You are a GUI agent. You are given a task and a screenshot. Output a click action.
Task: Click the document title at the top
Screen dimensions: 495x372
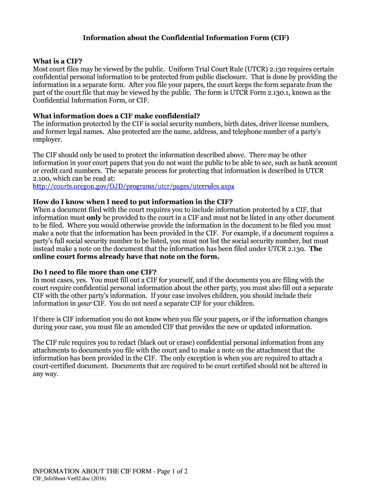click(186, 37)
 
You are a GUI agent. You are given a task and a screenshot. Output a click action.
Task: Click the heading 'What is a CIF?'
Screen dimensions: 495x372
click(57, 61)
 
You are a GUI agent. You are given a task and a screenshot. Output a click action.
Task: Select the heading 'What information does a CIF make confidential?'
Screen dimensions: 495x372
click(116, 116)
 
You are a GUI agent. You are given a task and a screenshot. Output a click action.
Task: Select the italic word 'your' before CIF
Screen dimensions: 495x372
click(85, 303)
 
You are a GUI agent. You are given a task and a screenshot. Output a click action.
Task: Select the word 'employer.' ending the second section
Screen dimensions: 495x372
click(47, 139)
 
